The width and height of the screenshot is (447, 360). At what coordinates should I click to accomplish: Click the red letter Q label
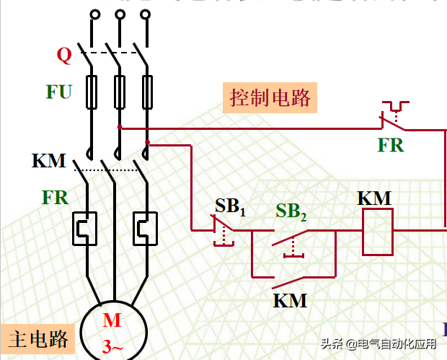64,56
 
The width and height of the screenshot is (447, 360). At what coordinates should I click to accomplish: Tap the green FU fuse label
59,92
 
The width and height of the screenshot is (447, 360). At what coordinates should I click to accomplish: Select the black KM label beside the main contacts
49,160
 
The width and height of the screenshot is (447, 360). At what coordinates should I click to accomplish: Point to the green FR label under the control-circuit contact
391,145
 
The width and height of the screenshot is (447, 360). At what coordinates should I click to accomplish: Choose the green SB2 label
291,211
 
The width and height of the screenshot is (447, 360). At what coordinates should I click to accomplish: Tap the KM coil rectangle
377,232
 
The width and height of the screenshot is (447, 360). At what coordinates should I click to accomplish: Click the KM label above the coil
374,197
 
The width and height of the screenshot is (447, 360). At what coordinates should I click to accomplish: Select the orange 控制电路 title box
273,97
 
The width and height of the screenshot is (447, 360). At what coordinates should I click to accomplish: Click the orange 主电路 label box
39,338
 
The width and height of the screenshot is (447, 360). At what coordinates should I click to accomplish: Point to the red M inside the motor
112,320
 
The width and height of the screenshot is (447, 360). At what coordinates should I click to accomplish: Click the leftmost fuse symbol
92,91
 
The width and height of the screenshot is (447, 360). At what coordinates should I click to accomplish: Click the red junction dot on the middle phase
119,127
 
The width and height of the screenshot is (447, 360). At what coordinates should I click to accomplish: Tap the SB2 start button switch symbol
291,238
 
